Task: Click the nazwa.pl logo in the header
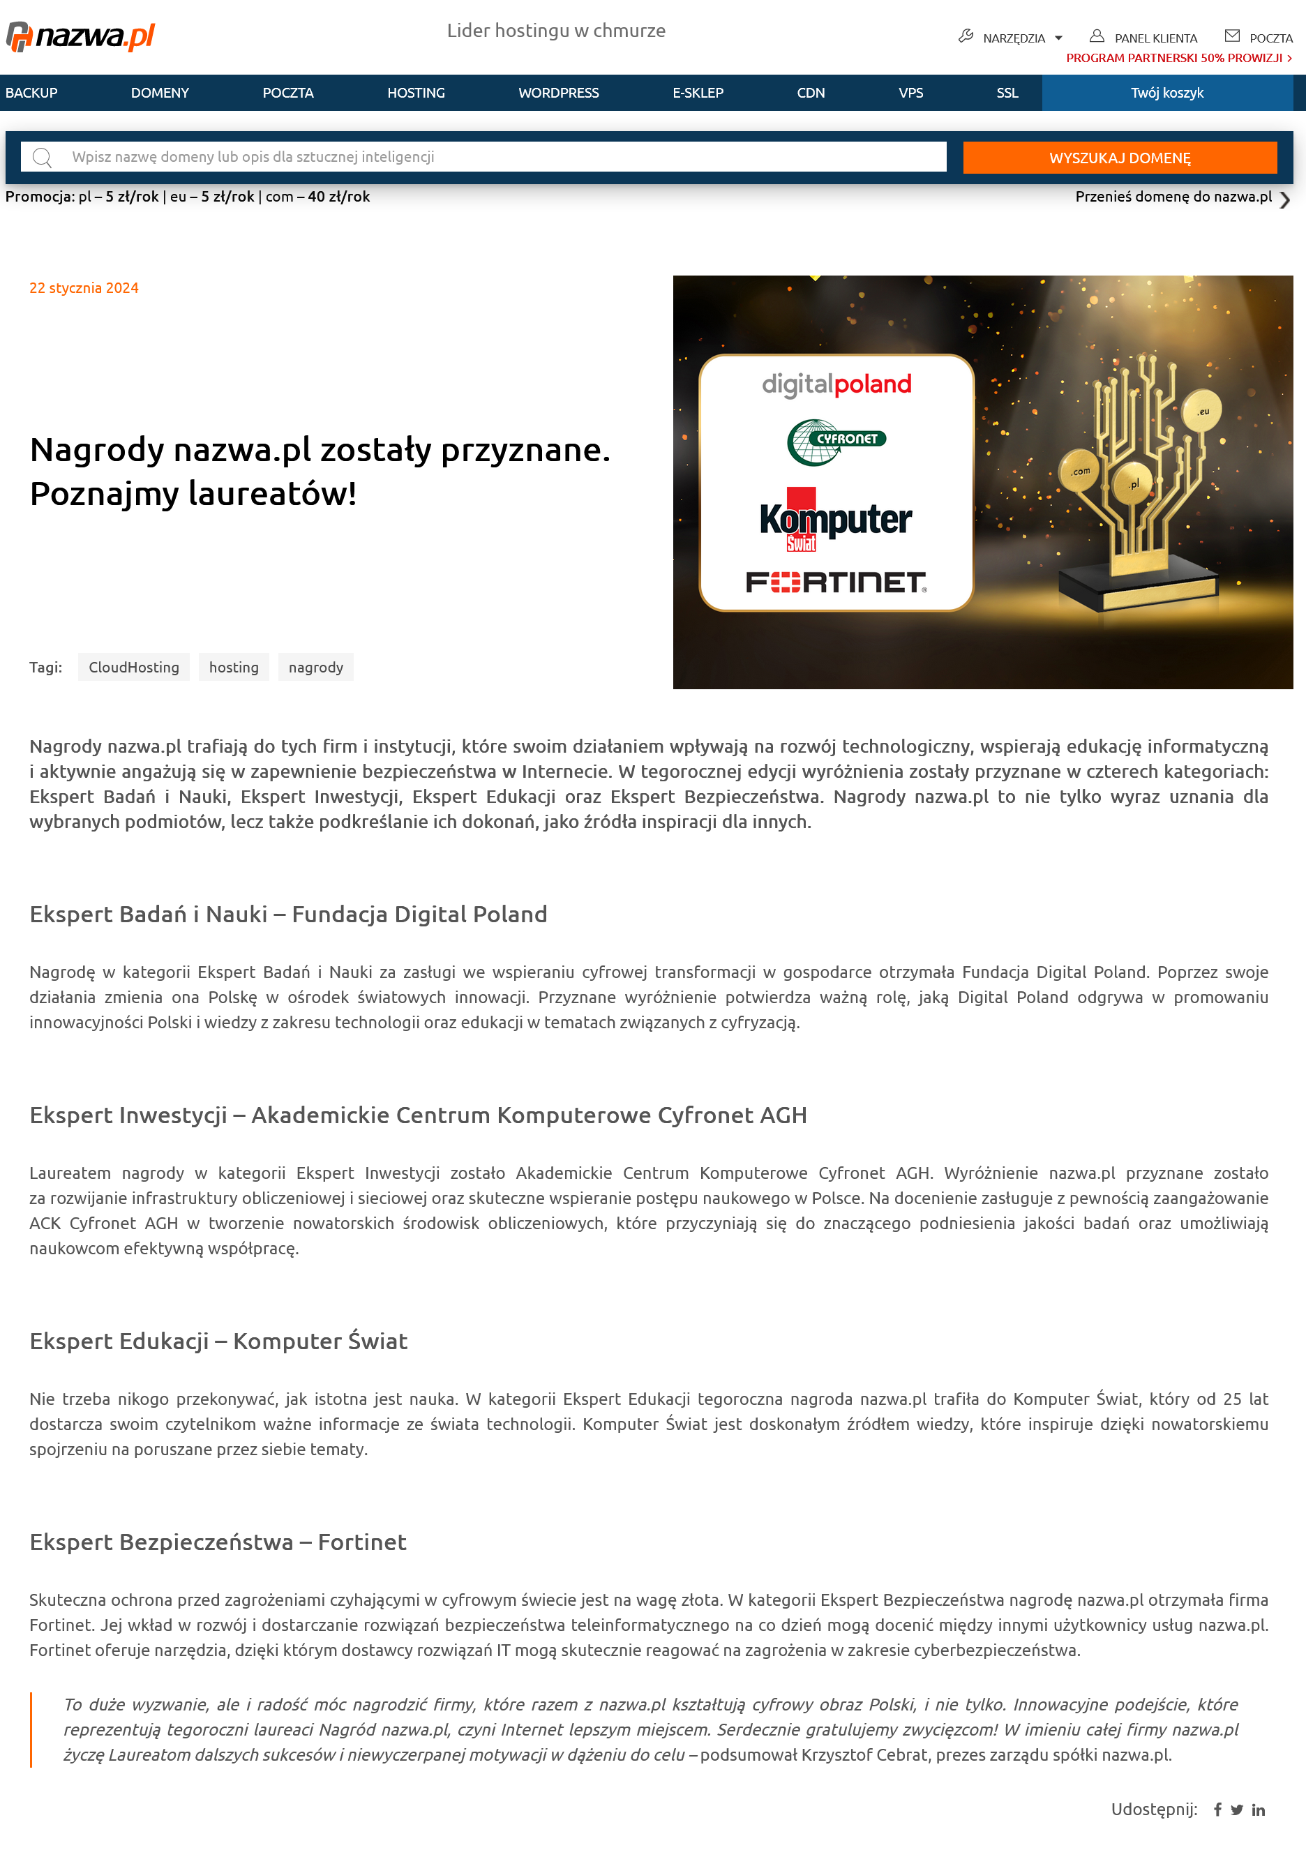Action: point(80,36)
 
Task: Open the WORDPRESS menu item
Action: point(558,93)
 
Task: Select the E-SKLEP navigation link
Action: point(698,93)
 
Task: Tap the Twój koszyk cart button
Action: point(1166,93)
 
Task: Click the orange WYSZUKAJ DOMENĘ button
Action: point(1119,158)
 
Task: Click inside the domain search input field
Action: point(500,157)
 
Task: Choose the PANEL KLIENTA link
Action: point(1144,38)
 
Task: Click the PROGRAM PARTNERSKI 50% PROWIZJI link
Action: point(1178,58)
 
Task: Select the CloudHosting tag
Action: point(134,667)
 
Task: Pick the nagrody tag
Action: point(316,667)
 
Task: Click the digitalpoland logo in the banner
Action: point(836,384)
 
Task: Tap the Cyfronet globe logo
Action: point(836,441)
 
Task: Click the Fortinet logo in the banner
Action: point(836,582)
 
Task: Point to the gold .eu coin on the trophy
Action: point(1202,412)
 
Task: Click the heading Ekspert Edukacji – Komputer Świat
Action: point(218,1341)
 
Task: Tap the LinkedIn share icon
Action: point(1259,1810)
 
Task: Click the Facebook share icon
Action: point(1217,1810)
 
